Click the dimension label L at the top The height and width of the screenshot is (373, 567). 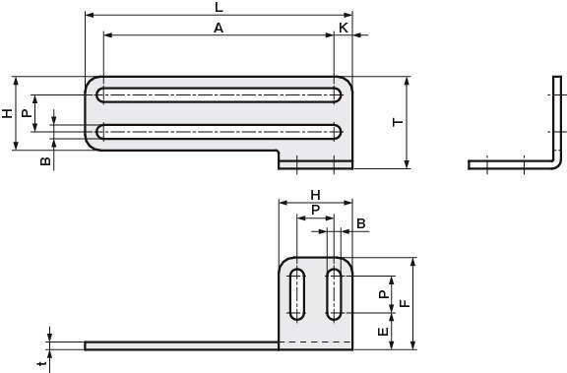(219, 7)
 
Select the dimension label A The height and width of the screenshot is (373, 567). (219, 28)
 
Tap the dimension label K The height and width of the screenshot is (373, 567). (344, 28)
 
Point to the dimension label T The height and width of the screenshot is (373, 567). (398, 122)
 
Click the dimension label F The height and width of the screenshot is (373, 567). (406, 303)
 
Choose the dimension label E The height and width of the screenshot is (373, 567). (383, 332)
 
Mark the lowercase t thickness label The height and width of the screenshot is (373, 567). (43, 363)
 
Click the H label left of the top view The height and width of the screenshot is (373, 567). (7, 113)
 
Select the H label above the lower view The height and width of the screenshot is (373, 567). (316, 196)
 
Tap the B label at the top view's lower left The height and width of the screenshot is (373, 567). (45, 161)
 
